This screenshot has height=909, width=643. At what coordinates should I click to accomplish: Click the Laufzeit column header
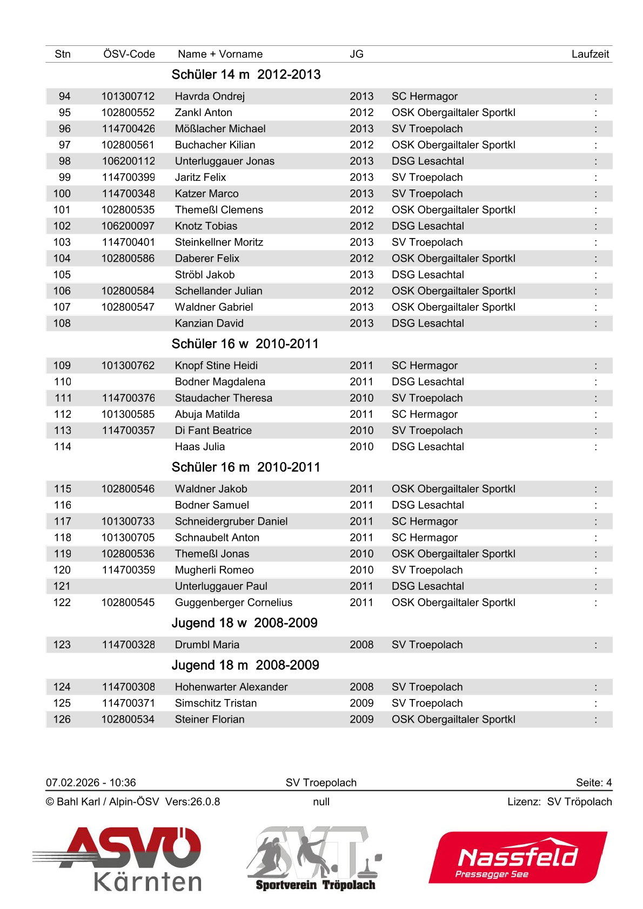[590, 54]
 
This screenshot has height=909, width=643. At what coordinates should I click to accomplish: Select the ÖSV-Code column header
[129, 54]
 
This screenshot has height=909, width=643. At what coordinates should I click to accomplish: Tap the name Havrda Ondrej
[210, 97]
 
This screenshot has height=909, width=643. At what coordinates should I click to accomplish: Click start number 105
[62, 275]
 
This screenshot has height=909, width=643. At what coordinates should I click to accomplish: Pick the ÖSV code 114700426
[128, 129]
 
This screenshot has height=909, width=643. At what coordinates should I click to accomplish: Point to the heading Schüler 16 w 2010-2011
[245, 344]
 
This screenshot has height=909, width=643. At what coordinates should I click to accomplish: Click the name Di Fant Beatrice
[213, 431]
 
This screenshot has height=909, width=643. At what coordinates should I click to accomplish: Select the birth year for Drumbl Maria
[361, 645]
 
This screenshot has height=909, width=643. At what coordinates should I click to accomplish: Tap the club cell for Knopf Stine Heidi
[424, 366]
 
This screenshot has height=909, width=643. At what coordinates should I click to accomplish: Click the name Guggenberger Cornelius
[233, 603]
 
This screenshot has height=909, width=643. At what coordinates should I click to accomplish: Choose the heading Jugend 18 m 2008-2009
[245, 665]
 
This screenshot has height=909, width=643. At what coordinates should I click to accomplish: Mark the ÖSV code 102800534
[128, 720]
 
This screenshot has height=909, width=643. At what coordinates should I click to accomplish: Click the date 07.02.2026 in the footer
[73, 783]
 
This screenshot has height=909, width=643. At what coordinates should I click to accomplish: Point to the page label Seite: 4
[593, 783]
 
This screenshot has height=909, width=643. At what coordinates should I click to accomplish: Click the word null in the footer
[321, 802]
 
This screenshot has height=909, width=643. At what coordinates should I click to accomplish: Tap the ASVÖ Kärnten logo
[119, 858]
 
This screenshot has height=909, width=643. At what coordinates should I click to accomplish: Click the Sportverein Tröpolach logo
[315, 858]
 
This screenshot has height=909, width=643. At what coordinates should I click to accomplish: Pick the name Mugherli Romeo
[214, 571]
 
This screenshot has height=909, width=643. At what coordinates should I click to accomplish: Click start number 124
[62, 687]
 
